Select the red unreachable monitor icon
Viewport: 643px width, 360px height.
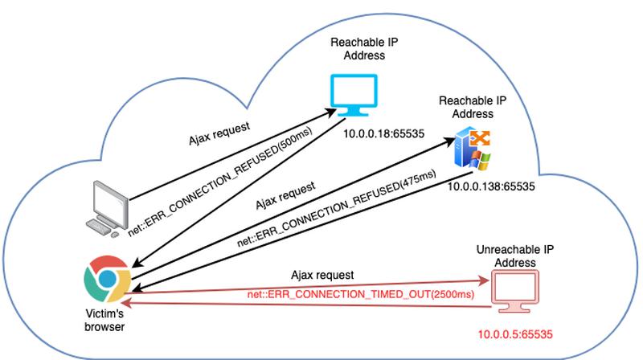[x=514, y=291]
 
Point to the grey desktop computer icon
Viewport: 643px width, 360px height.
[x=109, y=206]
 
